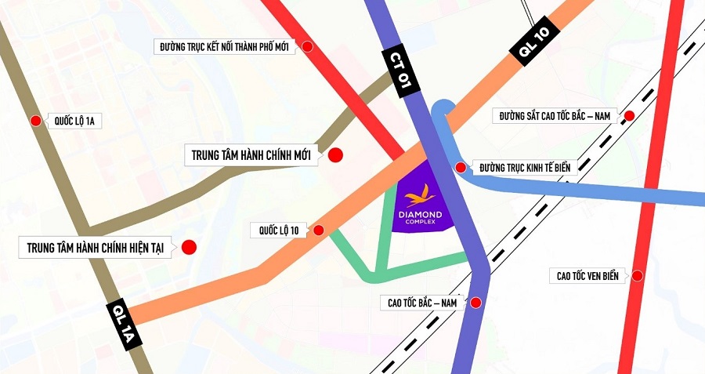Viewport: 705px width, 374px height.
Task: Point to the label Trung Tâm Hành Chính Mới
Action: pos(251,155)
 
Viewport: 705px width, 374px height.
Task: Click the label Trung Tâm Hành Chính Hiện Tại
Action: pos(94,248)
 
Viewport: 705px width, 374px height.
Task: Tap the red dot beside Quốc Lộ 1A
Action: pos(35,121)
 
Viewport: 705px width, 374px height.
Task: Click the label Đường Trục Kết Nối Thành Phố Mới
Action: pos(222,47)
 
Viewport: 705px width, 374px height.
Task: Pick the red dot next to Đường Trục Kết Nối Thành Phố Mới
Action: pos(308,47)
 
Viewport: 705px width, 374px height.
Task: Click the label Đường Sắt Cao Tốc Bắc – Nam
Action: pos(556,117)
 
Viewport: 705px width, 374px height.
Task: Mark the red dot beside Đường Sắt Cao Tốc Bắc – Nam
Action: pos(629,117)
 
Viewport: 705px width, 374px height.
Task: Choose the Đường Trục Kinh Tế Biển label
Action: pos(524,167)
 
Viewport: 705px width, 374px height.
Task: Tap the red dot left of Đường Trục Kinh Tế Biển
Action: pos(461,167)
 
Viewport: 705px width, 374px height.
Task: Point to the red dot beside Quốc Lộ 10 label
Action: pos(318,231)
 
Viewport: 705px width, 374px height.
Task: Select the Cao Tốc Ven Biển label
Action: pos(587,276)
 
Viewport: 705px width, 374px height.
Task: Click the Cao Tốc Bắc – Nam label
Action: pos(421,302)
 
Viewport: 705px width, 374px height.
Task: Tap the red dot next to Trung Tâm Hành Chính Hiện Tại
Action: pos(189,248)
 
